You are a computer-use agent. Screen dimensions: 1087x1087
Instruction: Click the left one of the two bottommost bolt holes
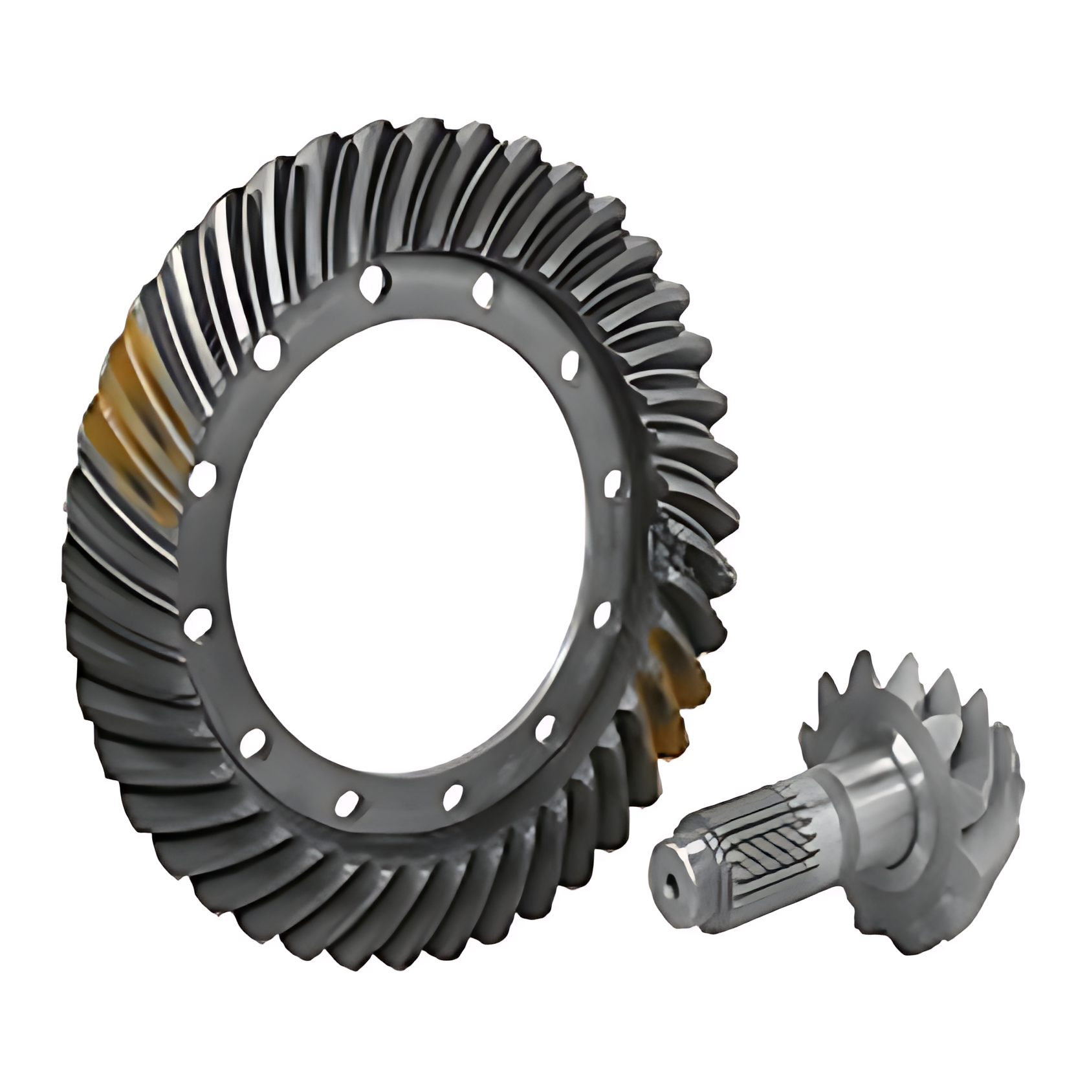click(347, 802)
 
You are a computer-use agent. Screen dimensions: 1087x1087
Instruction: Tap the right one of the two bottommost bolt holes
click(453, 796)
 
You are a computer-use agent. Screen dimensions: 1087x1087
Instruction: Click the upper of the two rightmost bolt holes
click(611, 483)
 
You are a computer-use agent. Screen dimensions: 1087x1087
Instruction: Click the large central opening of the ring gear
click(401, 550)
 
